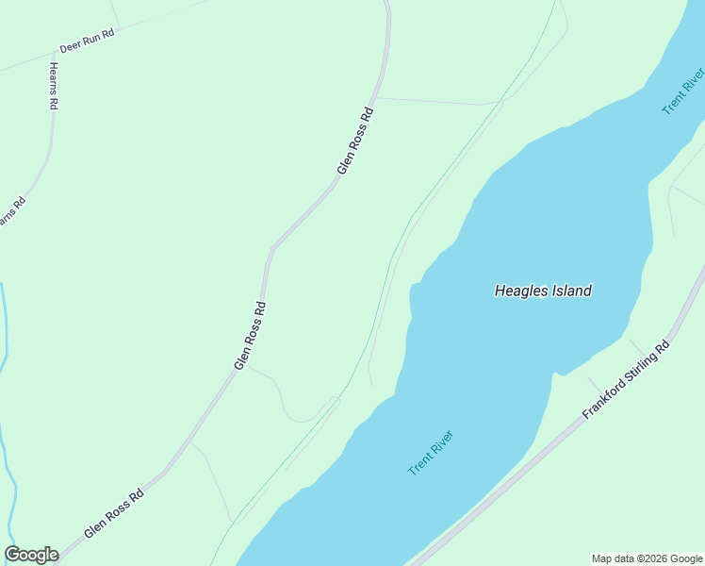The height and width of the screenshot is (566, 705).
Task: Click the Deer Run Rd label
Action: pyautogui.click(x=87, y=40)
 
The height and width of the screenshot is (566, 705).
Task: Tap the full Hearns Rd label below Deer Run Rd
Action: pyautogui.click(x=54, y=87)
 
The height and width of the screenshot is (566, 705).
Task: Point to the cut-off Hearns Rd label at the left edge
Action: pyautogui.click(x=10, y=210)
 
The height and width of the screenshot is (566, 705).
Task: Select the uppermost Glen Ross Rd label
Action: pyautogui.click(x=356, y=140)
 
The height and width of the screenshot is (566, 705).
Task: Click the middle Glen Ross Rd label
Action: pyautogui.click(x=251, y=335)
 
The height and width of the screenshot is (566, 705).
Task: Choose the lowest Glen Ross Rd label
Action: pyautogui.click(x=114, y=513)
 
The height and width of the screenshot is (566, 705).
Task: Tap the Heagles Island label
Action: pyautogui.click(x=543, y=291)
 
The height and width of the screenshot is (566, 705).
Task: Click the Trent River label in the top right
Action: pyautogui.click(x=683, y=92)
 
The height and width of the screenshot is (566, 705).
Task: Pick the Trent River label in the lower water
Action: pyautogui.click(x=431, y=453)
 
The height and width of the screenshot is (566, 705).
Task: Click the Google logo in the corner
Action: pyautogui.click(x=31, y=555)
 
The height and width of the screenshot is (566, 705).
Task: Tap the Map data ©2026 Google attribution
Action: pyautogui.click(x=648, y=558)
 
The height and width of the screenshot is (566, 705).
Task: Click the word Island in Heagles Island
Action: pyautogui.click(x=569, y=291)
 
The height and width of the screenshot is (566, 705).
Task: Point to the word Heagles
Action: pyautogui.click(x=519, y=291)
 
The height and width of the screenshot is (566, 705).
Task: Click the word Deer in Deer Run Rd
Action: pyautogui.click(x=68, y=45)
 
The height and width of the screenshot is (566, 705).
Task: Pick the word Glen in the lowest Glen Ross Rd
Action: pyautogui.click(x=94, y=529)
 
